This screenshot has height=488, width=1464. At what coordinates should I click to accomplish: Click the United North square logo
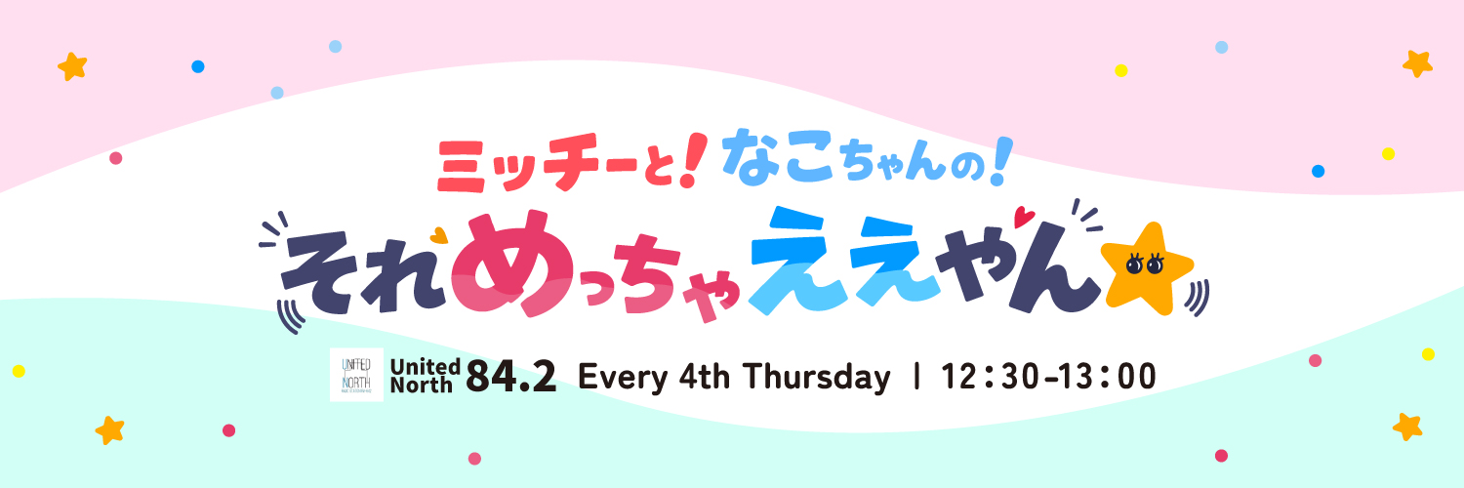tap(356, 375)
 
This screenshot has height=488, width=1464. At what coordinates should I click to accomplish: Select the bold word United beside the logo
tap(425, 366)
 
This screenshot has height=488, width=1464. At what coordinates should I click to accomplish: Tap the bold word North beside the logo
tap(421, 385)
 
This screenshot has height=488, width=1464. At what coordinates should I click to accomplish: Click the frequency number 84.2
tap(511, 377)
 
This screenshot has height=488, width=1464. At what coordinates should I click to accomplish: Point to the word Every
tap(623, 379)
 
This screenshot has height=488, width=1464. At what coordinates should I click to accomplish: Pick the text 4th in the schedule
tap(704, 377)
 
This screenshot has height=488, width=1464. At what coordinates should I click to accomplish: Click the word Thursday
tap(816, 379)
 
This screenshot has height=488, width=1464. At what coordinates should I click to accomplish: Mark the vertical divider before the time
tap(916, 377)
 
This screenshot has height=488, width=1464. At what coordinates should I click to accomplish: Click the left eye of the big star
tap(1134, 264)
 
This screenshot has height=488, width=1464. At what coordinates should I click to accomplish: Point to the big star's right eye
tap(1155, 264)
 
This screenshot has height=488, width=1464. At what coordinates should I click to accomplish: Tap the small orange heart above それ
tap(439, 234)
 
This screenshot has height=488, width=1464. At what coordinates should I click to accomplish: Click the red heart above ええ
tap(1024, 217)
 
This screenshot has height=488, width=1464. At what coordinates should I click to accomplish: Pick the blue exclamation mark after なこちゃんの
tap(1002, 161)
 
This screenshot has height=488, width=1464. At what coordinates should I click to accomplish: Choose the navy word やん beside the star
tap(1018, 265)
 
